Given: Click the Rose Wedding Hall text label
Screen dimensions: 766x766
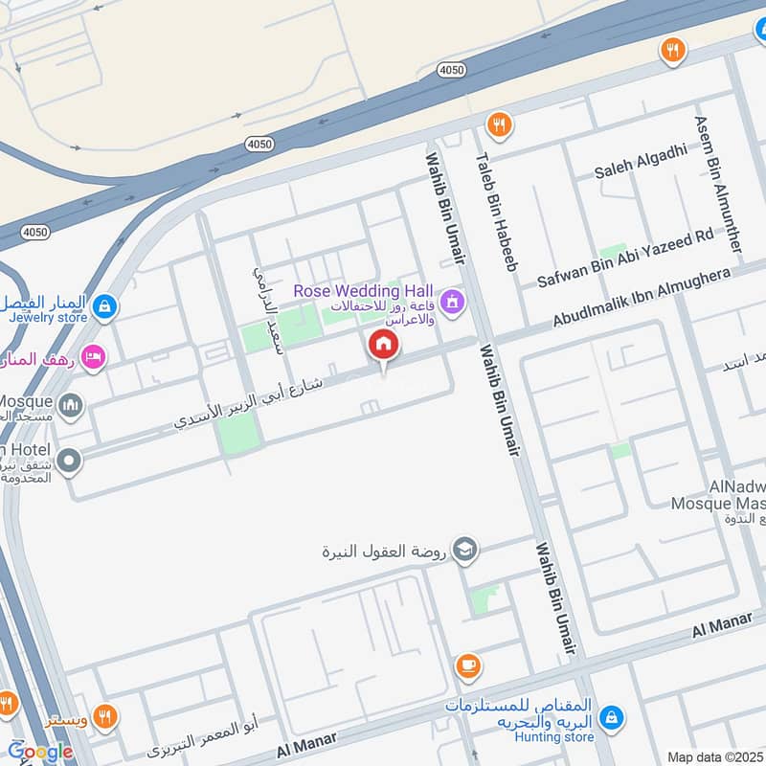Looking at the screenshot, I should [x=363, y=290].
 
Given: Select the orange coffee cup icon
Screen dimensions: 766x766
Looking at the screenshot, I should [x=467, y=665].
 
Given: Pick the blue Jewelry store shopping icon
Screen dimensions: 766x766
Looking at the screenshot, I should [x=106, y=307].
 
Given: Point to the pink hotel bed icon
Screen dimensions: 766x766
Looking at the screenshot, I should [x=93, y=357].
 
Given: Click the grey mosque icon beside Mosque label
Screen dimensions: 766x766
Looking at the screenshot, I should [x=69, y=408].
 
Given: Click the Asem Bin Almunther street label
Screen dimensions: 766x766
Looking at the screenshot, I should [x=718, y=184].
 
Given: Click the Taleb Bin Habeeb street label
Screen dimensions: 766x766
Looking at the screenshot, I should [x=497, y=212].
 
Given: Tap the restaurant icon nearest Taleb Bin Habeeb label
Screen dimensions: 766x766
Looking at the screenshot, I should [x=498, y=124].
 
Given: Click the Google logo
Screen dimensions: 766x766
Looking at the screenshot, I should [x=40, y=752].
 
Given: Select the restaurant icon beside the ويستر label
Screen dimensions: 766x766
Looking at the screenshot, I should [x=105, y=716].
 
